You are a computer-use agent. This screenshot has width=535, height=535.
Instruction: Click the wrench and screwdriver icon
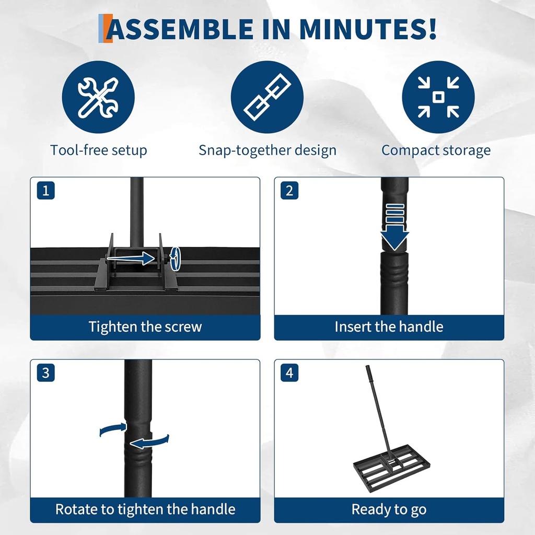[x=98, y=97]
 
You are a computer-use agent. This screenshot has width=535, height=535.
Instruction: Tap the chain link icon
[x=267, y=97]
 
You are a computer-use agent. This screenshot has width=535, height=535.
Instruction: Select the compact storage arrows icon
[x=438, y=97]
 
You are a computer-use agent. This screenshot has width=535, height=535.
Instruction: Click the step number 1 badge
[x=46, y=191]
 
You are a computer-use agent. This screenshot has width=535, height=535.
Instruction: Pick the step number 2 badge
[x=289, y=191]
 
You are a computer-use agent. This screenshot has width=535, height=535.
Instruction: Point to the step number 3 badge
[x=46, y=373]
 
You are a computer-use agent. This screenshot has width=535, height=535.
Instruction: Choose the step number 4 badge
[x=289, y=373]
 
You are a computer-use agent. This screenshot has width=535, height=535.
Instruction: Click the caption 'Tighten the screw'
[x=145, y=327]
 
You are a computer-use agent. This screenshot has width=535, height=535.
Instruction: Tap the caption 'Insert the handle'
[x=389, y=327]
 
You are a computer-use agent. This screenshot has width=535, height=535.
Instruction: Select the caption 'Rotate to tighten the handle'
[x=145, y=509]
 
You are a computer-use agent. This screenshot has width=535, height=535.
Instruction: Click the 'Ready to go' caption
[x=389, y=509]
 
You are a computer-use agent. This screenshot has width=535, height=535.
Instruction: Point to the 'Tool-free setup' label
[x=99, y=150]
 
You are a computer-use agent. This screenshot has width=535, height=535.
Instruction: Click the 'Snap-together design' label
[x=267, y=150]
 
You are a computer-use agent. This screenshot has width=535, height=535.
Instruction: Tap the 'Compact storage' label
[x=436, y=150]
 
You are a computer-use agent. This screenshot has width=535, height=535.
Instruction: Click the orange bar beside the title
[x=107, y=29]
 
